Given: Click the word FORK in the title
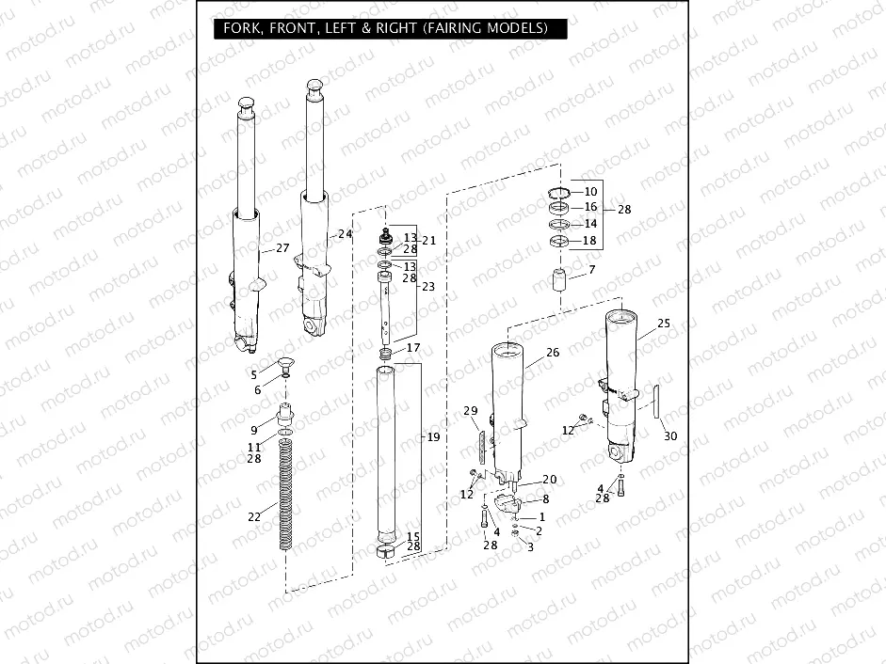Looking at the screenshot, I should pos(242,28).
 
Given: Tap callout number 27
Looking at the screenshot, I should pos(282,248).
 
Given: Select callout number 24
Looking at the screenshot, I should pos(346,233).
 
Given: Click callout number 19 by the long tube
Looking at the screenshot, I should pos(433,437).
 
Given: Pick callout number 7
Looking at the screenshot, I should pos(591,271).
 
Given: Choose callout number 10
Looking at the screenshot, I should pos(590,192).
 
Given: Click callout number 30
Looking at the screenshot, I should pos(669,435).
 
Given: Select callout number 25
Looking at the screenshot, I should pos(664,324).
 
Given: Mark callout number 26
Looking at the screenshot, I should pos(553,353).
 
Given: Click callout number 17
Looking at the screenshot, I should pos(413,349).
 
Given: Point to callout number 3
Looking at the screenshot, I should pos(530,546).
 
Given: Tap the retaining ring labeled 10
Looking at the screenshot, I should pos(558,193).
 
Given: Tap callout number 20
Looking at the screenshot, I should pos(549,480).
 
